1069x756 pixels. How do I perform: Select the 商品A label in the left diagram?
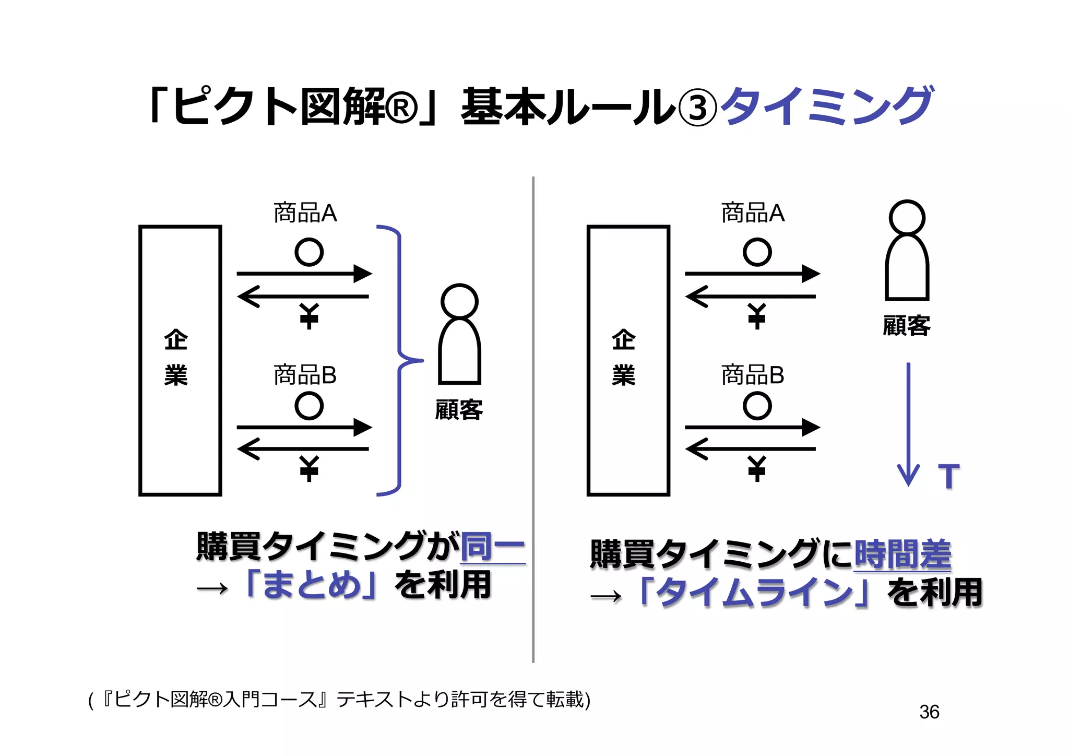click(x=305, y=213)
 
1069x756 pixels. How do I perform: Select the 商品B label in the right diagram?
click(x=752, y=375)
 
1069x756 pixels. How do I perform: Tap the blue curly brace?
click(x=400, y=360)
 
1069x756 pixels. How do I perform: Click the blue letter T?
click(x=948, y=476)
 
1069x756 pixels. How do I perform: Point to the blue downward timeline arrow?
click(x=908, y=423)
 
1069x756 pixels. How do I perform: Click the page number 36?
click(x=929, y=712)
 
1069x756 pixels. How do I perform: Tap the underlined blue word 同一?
click(x=493, y=547)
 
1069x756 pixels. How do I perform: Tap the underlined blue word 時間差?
click(x=902, y=554)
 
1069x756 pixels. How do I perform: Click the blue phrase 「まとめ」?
click(x=312, y=585)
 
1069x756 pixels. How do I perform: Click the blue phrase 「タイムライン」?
click(x=753, y=593)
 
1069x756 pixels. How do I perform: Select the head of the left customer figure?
click(x=459, y=301)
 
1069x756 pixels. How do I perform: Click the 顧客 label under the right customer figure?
click(x=907, y=326)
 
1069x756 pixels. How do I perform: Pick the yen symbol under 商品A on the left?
click(x=309, y=316)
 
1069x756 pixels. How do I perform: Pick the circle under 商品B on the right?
click(x=757, y=406)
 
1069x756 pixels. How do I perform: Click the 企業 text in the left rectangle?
click(x=176, y=358)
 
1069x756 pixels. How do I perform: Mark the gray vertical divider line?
click(x=533, y=418)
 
